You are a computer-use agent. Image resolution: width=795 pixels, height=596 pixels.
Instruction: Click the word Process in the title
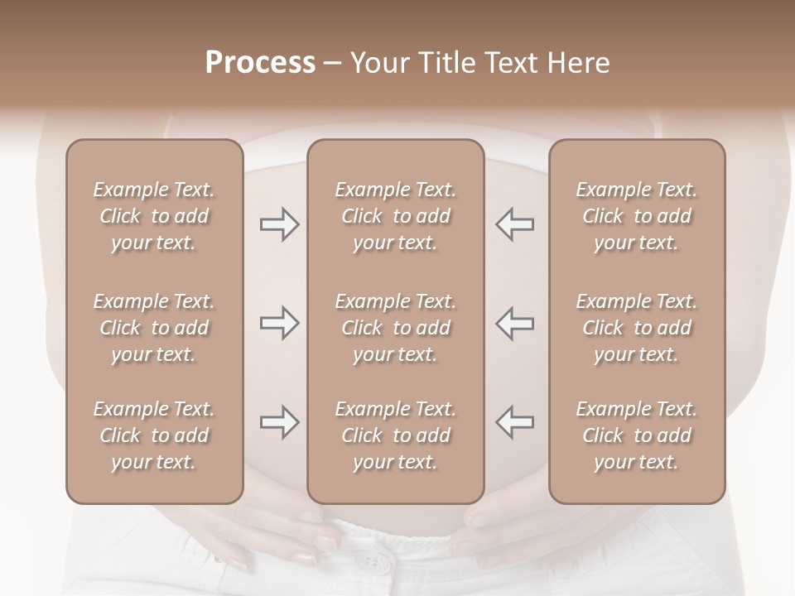[260, 63]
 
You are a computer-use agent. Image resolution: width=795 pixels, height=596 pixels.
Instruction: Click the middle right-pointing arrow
[279, 323]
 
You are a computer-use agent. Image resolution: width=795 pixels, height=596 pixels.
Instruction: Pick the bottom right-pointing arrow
[279, 422]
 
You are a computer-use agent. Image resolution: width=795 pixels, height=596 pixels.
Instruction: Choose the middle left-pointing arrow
[514, 323]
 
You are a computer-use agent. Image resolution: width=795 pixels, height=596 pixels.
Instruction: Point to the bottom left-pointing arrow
[514, 422]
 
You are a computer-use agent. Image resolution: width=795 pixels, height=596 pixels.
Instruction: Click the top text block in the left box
[154, 216]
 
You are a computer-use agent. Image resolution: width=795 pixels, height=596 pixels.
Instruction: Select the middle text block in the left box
[154, 328]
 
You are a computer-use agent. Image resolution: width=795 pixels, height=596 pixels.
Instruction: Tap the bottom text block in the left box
[154, 435]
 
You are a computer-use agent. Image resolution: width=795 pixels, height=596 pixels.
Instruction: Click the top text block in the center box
[395, 216]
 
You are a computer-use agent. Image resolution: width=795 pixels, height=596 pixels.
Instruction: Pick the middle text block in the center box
[395, 328]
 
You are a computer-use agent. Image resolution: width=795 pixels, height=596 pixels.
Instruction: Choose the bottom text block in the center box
[395, 435]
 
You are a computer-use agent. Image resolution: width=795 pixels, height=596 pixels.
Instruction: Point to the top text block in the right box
[636, 216]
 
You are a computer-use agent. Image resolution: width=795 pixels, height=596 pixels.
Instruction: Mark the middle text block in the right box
[636, 328]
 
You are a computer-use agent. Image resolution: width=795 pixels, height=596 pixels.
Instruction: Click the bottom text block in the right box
[636, 435]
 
